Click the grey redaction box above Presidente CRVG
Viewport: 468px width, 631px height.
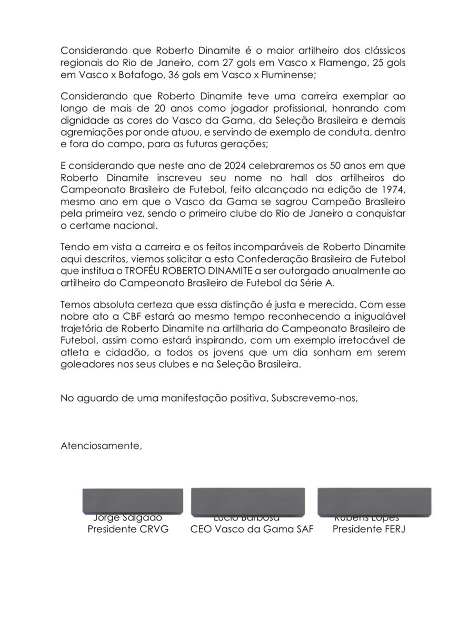pos(128,501)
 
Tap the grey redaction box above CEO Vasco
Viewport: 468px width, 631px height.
pos(248,501)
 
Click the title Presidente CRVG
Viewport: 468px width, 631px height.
pos(128,530)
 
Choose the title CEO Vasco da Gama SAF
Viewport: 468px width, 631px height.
pos(252,530)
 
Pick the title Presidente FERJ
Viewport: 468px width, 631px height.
pos(369,530)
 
